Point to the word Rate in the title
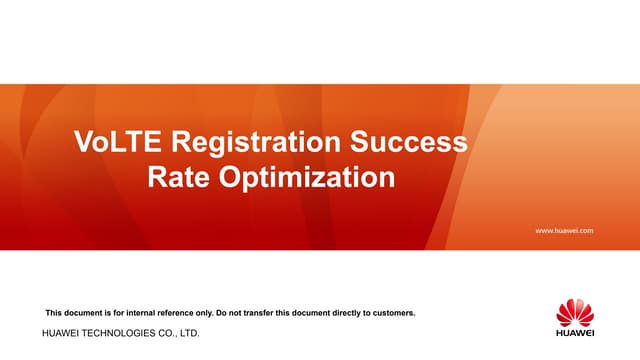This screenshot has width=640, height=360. pyautogui.click(x=179, y=178)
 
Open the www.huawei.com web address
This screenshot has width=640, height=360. pyautogui.click(x=565, y=230)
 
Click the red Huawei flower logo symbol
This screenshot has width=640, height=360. pyautogui.click(x=575, y=312)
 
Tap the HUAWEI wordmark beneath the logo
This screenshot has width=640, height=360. pyautogui.click(x=575, y=333)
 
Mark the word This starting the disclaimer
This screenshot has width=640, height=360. pyautogui.click(x=55, y=313)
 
